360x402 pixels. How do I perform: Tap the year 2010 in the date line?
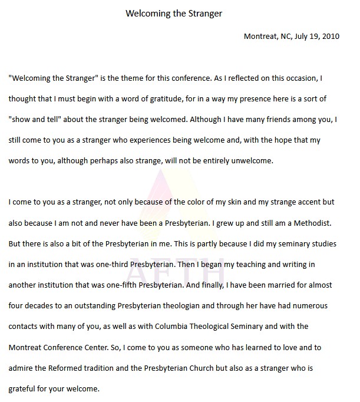330,36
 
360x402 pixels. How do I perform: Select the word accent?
301,202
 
